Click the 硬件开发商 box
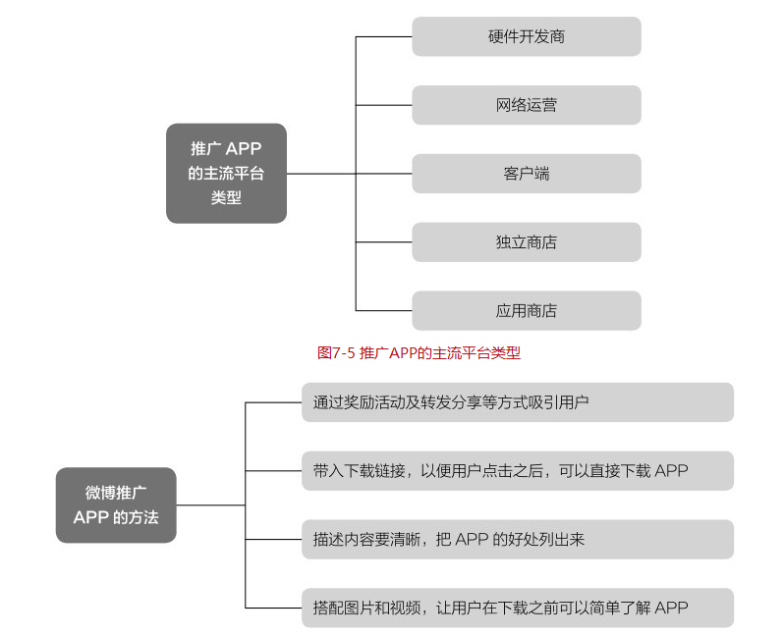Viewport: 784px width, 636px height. [526, 36]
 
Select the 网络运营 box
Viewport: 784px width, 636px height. [526, 105]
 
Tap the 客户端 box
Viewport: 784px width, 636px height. [526, 174]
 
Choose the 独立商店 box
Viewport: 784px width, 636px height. [526, 242]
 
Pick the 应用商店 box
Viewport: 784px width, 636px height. [526, 311]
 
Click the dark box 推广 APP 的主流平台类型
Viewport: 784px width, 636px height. [226, 173]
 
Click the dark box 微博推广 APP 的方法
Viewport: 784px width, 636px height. [116, 504]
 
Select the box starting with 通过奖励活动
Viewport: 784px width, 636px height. [517, 402]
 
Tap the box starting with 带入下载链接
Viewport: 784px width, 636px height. [517, 471]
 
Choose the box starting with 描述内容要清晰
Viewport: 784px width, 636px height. [517, 540]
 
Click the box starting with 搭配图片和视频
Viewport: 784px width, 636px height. [517, 608]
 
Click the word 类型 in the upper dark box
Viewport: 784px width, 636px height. [226, 197]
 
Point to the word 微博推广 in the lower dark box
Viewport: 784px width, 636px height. [116, 493]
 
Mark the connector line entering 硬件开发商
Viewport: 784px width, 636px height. [383, 36]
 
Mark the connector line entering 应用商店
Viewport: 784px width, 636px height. [383, 311]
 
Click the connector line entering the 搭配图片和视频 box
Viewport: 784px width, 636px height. [272, 608]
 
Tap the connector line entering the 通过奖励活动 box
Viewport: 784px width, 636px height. [272, 402]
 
